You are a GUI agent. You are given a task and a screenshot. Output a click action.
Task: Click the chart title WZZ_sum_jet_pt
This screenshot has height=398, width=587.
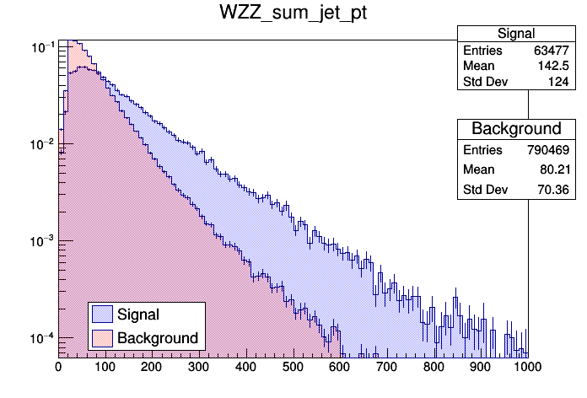pos(293,15)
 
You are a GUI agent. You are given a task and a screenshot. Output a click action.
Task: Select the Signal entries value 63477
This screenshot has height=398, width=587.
pos(554,51)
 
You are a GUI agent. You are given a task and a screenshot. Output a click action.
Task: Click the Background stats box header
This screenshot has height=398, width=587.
pos(516,129)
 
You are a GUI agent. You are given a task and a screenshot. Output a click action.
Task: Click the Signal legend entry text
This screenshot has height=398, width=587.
pos(139,315)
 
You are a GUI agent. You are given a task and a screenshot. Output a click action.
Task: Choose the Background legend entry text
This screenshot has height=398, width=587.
pos(158,338)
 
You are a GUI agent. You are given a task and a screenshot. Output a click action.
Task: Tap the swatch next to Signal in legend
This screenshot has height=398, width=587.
pos(103,315)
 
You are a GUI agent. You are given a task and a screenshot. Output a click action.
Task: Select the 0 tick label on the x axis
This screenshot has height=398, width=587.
pos(58,368)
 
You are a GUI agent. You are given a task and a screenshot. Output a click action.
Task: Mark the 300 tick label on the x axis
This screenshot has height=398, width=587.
pos(246,368)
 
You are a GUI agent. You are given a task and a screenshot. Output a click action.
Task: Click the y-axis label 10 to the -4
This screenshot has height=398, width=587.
pos(40,339)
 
